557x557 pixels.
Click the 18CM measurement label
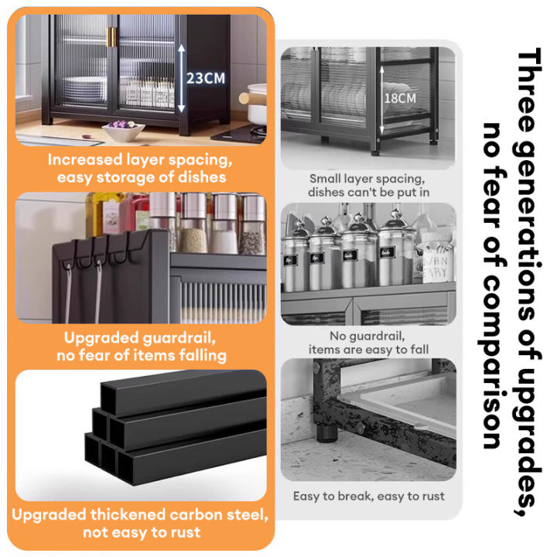coord(400,98)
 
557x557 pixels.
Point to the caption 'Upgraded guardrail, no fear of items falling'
coord(141,347)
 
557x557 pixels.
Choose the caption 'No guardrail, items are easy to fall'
coord(368,343)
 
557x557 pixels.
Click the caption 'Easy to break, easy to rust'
coord(368,496)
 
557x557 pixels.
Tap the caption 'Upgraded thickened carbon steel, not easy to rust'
coord(141,523)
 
